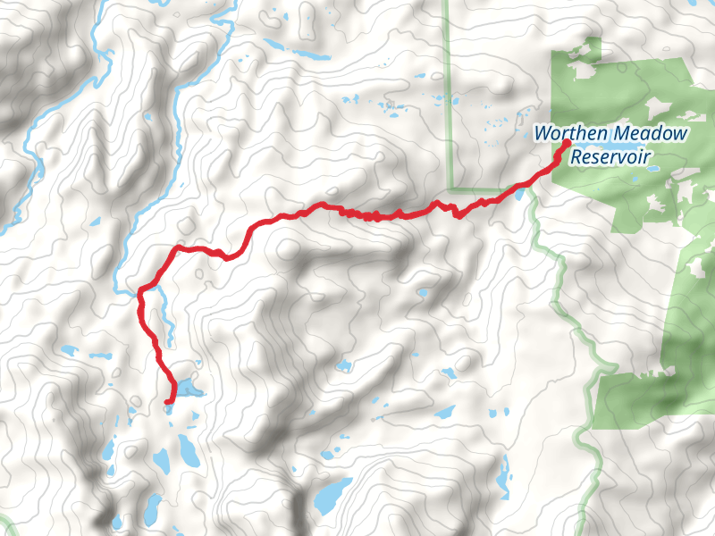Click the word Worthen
click(x=563, y=135)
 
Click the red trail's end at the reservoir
click(x=567, y=142)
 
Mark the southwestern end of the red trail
click(x=167, y=402)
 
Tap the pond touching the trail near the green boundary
click(x=517, y=190)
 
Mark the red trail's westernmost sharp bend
click(x=140, y=289)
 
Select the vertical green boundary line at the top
click(x=448, y=89)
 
